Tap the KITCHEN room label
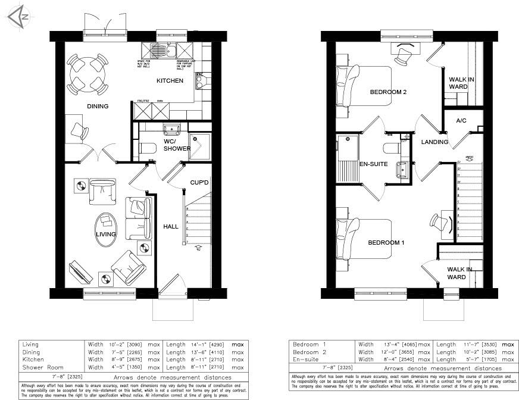pyautogui.click(x=170, y=81)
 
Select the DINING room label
pyautogui.click(x=98, y=107)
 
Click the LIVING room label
pyautogui.click(x=105, y=235)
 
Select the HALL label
pyautogui.click(x=171, y=227)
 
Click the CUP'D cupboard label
pyautogui.click(x=199, y=182)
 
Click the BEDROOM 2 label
pyautogui.click(x=387, y=92)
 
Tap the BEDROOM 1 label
pyautogui.click(x=386, y=243)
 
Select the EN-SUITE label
pyautogui.click(x=374, y=163)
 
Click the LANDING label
pyautogui.click(x=434, y=142)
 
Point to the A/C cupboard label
pyautogui.click(x=461, y=121)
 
